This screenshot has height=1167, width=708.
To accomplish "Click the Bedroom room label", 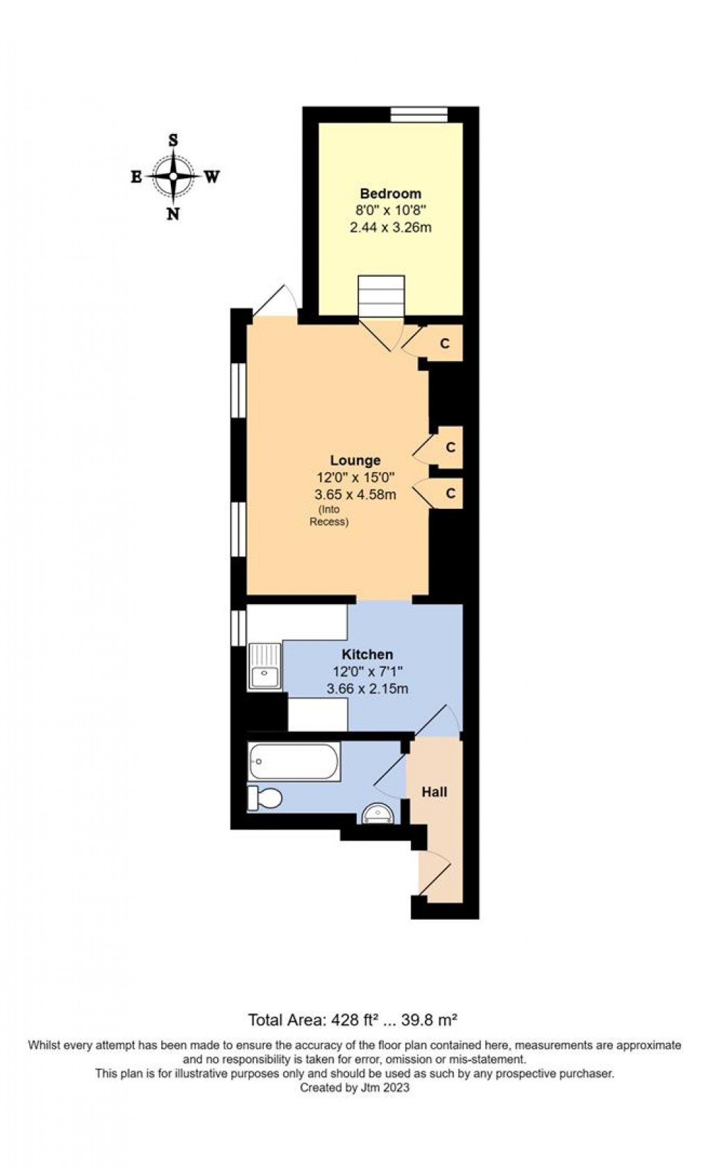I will tap(390, 194).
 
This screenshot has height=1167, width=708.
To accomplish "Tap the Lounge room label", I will tap(355, 460).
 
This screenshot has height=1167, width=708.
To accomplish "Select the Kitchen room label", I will tap(367, 654).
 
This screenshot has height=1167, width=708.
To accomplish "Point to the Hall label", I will tap(435, 791).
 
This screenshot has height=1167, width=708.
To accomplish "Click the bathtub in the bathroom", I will tap(294, 762).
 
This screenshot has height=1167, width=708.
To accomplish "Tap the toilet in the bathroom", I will tap(265, 798).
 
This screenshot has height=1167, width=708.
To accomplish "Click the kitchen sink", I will tap(264, 667).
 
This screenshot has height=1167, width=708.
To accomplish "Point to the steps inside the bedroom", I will tap(380, 294).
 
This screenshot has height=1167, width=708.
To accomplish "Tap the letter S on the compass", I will tap(174, 140).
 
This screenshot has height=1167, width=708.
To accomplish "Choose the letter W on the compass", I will tap(212, 177).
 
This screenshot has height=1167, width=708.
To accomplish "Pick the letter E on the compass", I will tap(136, 177).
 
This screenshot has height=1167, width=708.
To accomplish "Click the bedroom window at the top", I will tap(419, 114).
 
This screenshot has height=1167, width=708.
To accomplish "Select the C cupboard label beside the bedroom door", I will tap(446, 344).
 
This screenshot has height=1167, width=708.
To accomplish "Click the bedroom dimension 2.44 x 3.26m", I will tap(391, 227).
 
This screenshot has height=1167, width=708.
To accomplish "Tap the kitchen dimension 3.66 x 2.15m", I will tap(367, 689).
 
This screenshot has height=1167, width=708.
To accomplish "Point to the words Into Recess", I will tap(328, 517).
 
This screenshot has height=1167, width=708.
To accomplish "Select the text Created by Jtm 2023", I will tap(354, 1088).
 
